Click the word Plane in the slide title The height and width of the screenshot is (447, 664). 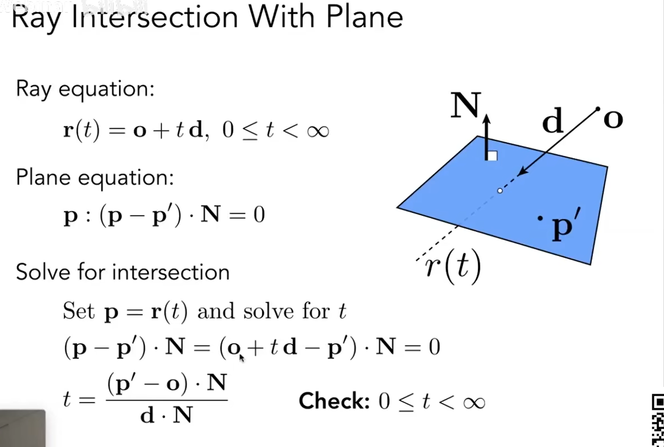tap(364, 18)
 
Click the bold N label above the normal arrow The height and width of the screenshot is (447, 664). tap(465, 105)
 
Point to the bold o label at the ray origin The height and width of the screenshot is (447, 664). tap(613, 119)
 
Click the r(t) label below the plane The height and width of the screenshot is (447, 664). tap(453, 266)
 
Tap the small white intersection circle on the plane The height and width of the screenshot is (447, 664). tap(500, 191)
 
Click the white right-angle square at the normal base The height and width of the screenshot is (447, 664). tap(492, 156)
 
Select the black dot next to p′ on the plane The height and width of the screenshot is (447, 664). tap(540, 218)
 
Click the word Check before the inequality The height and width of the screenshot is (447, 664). tap(334, 401)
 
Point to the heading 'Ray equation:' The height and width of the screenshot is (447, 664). tap(85, 89)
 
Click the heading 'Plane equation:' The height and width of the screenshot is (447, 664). tap(95, 178)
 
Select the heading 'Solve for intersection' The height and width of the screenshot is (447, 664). tap(122, 273)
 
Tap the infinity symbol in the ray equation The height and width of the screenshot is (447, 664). tap(318, 131)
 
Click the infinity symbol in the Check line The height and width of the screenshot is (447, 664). tap(474, 403)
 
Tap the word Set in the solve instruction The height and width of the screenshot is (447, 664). tap(78, 311)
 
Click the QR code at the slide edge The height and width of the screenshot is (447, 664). tap(657, 420)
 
